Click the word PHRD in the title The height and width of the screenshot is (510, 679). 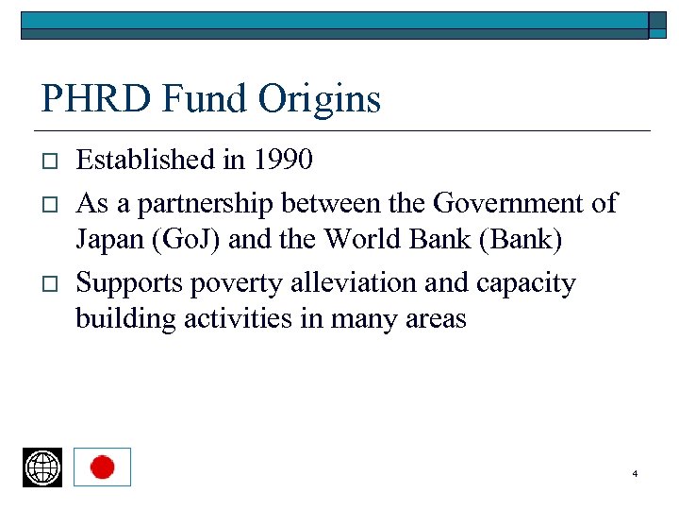pos(88,99)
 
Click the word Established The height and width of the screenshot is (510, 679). pos(145,160)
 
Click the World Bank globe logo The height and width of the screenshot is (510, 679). pos(42,467)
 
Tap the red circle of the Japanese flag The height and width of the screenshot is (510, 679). pos(102,467)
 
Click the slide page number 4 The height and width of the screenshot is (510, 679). pos(635,473)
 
